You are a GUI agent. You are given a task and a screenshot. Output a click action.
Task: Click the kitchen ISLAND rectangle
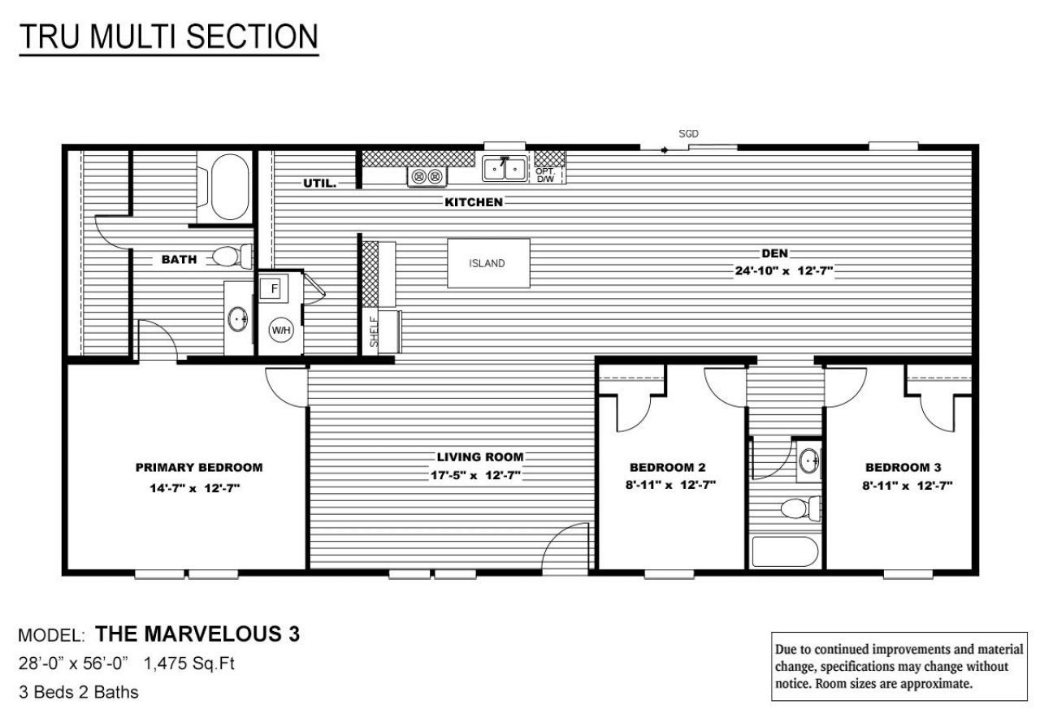tap(488, 263)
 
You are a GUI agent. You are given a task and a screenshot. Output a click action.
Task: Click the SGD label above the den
tap(688, 133)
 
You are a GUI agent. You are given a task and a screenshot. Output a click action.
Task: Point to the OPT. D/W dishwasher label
tap(544, 175)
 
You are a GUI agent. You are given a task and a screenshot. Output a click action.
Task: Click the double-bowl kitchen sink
tap(505, 169)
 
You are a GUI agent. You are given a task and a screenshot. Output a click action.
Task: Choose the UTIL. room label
tap(320, 184)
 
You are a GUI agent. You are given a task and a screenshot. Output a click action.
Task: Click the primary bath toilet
tap(232, 257)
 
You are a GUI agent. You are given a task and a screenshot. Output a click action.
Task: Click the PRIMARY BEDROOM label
tap(199, 467)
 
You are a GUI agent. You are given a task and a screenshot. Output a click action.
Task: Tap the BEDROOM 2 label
tap(667, 467)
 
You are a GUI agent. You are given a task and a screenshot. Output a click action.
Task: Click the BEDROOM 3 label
tap(903, 467)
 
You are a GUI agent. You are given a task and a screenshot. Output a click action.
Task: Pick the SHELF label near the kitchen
tap(375, 332)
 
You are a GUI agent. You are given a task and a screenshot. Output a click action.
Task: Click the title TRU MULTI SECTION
tap(168, 37)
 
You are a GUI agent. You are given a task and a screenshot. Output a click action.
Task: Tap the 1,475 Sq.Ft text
tap(189, 664)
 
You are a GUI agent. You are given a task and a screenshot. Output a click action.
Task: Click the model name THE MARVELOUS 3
tap(197, 634)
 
